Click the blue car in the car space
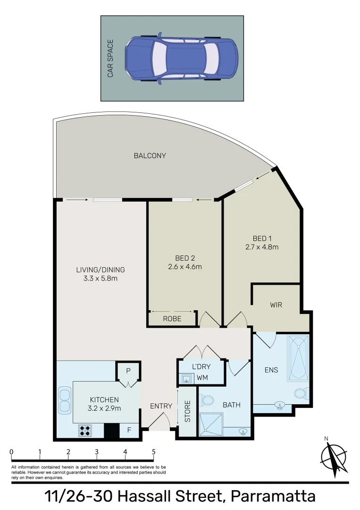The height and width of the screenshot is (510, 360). click(x=181, y=58)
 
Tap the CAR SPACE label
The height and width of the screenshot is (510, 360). click(x=110, y=59)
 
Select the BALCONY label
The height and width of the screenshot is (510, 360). click(x=150, y=155)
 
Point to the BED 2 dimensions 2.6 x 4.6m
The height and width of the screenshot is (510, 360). click(x=185, y=266)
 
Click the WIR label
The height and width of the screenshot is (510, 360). click(x=276, y=305)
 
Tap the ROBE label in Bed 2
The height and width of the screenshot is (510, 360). click(x=172, y=319)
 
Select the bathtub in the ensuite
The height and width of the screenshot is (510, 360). click(x=298, y=357)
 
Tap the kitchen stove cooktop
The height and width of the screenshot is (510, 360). click(x=85, y=430)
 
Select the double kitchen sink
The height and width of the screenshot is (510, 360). click(x=64, y=400)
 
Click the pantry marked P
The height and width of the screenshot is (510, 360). click(x=127, y=371)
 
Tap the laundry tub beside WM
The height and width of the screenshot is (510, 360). click(x=187, y=378)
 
